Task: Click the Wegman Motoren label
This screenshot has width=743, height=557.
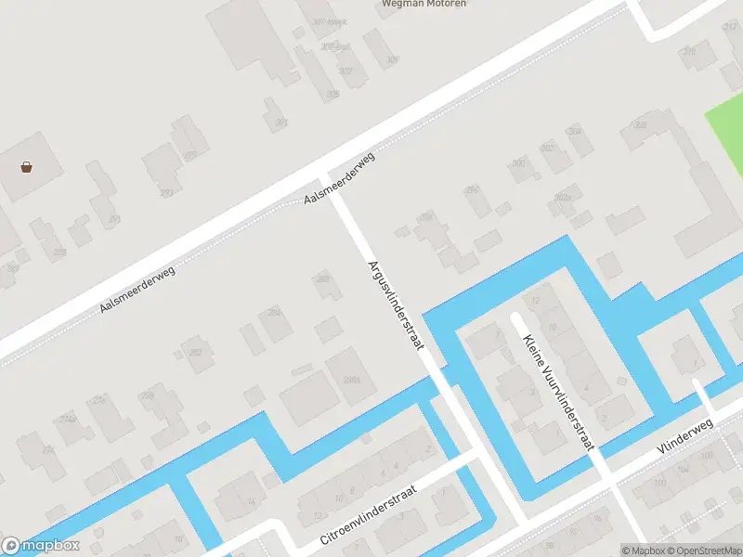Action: click(424, 4)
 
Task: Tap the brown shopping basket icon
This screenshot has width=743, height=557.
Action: click(27, 168)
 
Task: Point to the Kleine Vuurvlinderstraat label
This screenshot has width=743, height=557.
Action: click(557, 393)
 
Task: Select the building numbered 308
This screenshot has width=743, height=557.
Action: click(639, 126)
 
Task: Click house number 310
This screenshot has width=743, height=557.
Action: click(689, 52)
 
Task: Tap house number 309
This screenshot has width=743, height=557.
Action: click(392, 60)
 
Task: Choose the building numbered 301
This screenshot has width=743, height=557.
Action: click(280, 122)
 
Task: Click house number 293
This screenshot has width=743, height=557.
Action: click(166, 193)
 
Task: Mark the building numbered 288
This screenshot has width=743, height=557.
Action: click(323, 278)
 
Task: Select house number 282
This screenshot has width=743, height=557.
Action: click(196, 352)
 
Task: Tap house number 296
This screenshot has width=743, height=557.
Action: click(472, 190)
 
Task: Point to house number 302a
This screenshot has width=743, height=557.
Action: click(561, 198)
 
